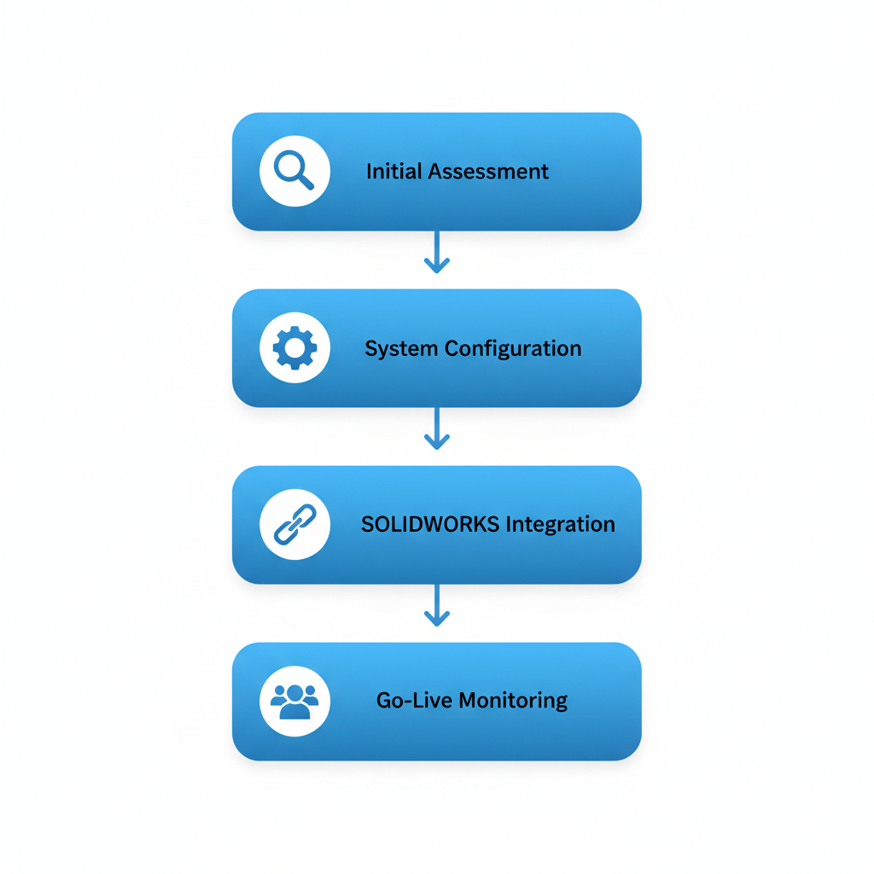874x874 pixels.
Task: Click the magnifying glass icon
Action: (x=294, y=170)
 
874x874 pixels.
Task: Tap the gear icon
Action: (x=294, y=347)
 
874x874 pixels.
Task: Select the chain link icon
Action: (x=294, y=524)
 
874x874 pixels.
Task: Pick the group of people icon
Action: (x=294, y=701)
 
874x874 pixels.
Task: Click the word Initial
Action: (x=394, y=172)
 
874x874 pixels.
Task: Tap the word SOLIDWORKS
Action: (x=430, y=524)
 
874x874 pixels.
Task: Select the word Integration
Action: (x=560, y=524)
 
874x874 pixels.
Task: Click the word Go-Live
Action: (x=414, y=701)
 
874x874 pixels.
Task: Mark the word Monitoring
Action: (x=513, y=701)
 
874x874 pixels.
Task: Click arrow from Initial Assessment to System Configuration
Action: (x=437, y=251)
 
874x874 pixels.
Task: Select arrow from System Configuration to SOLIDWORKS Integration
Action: (x=437, y=428)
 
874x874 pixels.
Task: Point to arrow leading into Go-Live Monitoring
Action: (x=437, y=604)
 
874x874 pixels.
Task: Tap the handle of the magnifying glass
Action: (x=306, y=182)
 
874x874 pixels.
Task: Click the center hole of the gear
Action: (x=294, y=347)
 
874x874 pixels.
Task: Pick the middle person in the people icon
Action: (x=294, y=702)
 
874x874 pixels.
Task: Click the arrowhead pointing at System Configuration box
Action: (x=437, y=267)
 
